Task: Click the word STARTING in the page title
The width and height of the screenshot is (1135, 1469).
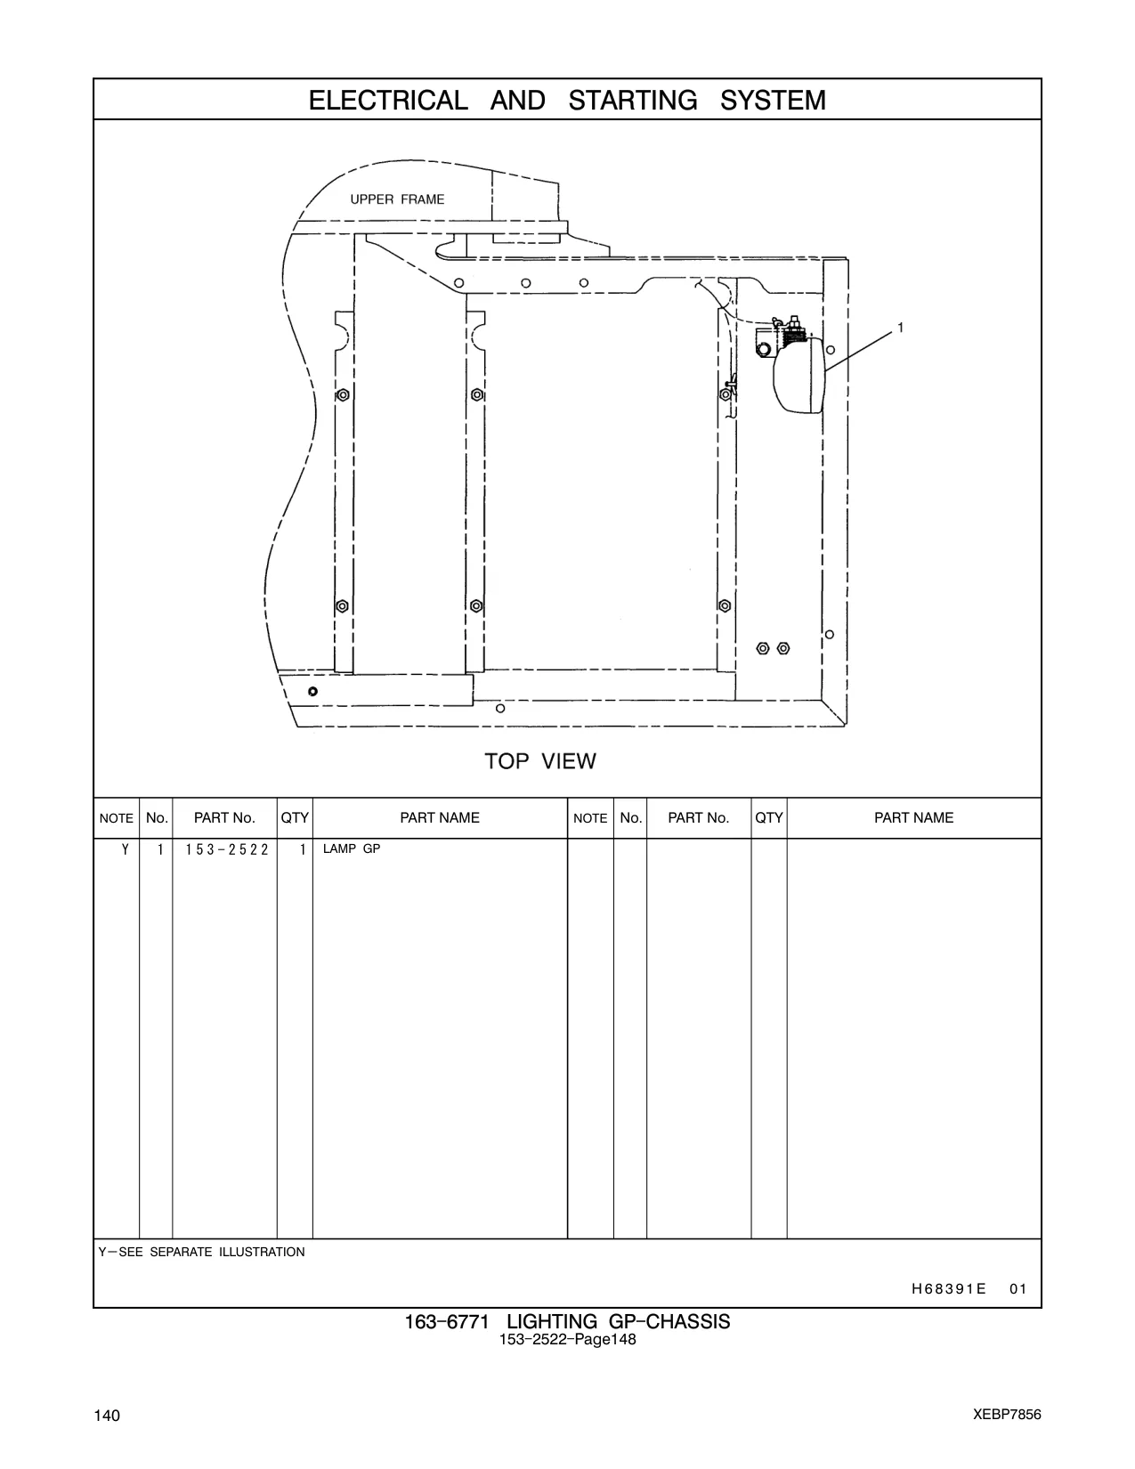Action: tap(632, 100)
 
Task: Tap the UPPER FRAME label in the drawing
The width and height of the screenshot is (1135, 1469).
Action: tap(397, 199)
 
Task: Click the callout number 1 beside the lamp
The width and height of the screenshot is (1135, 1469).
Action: tap(900, 328)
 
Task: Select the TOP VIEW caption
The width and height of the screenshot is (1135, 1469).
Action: tap(540, 761)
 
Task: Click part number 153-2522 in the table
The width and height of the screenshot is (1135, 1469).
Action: tap(227, 849)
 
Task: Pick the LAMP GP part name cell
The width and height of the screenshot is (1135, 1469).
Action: tap(352, 848)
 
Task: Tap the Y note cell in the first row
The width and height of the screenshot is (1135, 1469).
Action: tap(125, 849)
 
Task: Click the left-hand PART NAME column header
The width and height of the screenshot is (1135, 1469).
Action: tap(440, 817)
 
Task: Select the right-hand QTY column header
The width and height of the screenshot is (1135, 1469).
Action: tap(768, 817)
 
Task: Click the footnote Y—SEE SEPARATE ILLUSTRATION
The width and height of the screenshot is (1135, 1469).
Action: tap(201, 1252)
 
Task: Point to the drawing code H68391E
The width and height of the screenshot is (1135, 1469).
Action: tap(948, 1288)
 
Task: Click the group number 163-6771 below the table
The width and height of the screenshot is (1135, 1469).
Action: tap(446, 1321)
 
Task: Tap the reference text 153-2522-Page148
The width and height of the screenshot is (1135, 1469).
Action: tap(567, 1340)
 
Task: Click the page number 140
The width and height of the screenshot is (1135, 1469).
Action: tap(107, 1416)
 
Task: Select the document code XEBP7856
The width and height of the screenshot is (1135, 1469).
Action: tap(1007, 1414)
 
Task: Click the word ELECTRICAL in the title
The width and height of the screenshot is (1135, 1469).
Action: tap(388, 100)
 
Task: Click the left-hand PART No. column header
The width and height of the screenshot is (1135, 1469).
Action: tap(224, 817)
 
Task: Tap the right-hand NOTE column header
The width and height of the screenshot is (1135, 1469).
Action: tap(590, 818)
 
